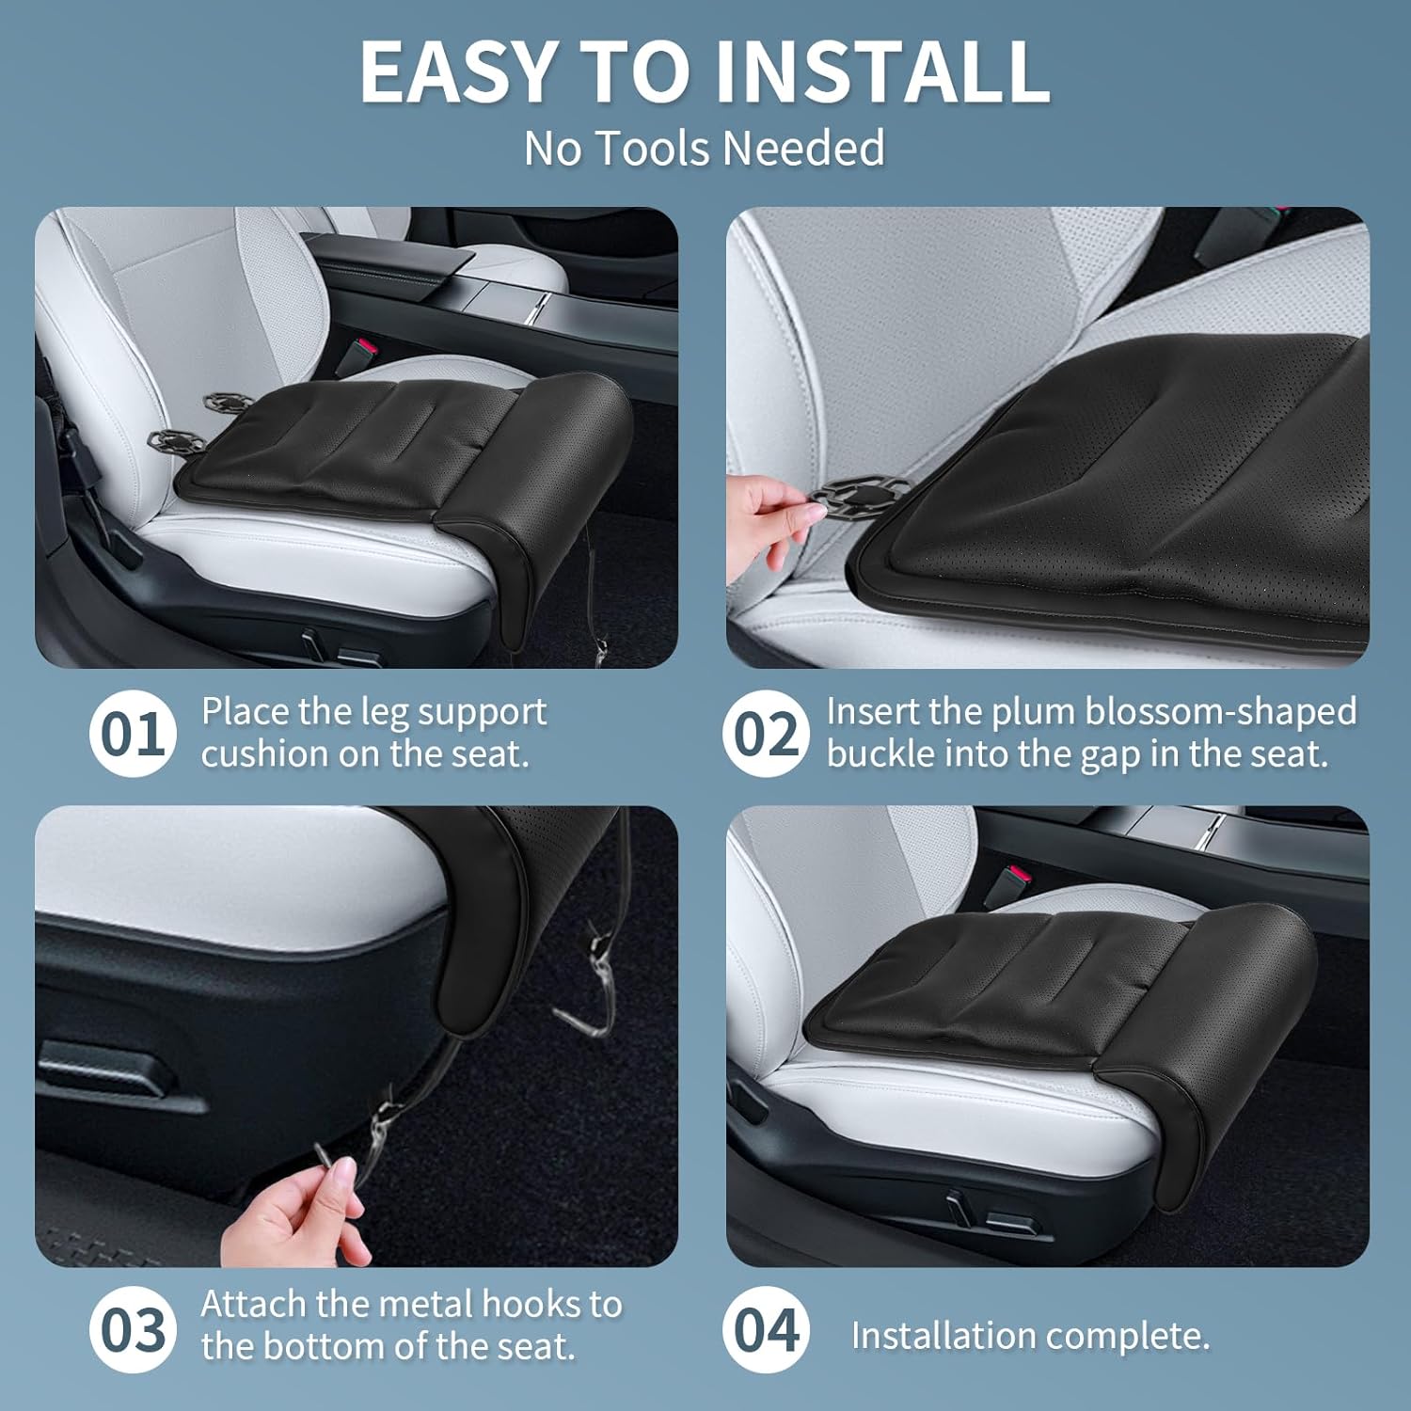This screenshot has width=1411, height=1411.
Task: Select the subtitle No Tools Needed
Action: (704, 149)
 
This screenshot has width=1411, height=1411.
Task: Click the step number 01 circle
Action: (133, 734)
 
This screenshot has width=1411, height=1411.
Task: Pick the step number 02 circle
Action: (766, 734)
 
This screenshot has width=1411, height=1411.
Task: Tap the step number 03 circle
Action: (133, 1330)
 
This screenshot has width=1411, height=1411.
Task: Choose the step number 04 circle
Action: (766, 1330)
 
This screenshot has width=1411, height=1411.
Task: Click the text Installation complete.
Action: (1030, 1335)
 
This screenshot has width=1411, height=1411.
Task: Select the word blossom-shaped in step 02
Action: (1223, 712)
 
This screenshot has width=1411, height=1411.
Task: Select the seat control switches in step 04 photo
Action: (983, 1213)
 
